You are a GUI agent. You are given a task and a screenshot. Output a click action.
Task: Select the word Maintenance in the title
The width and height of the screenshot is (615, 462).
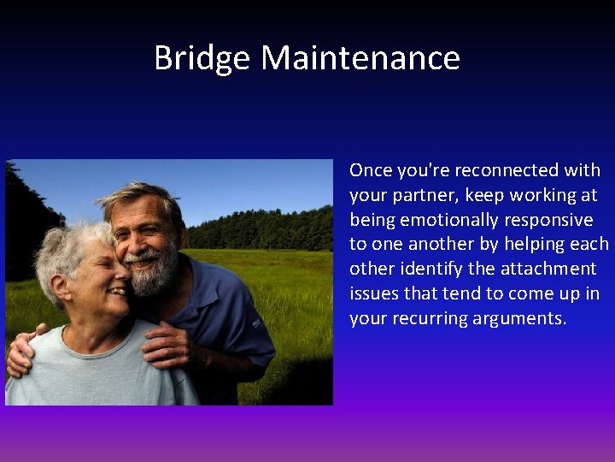tap(360, 58)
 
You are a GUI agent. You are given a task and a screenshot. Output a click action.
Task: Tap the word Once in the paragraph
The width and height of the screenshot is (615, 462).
tap(370, 170)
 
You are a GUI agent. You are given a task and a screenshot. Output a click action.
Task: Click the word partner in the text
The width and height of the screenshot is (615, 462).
tap(420, 196)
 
